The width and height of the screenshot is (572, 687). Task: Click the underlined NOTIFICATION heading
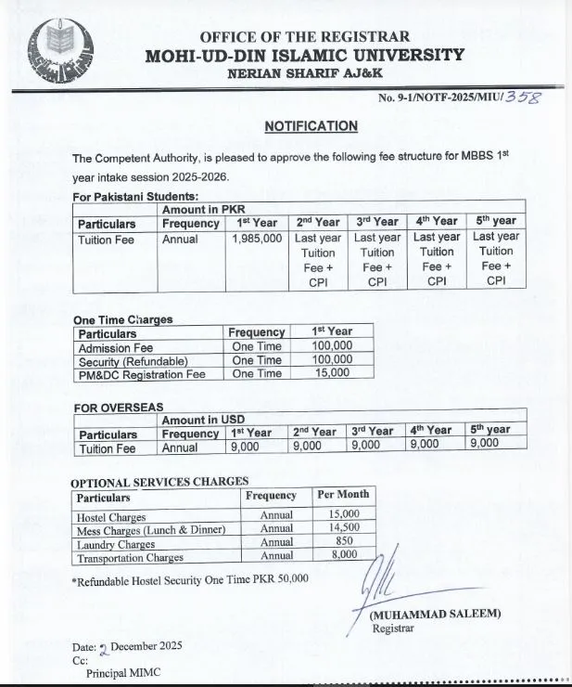point(311,126)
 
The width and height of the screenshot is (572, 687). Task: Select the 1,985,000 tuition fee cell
point(257,239)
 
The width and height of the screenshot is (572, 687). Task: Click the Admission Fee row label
point(116,347)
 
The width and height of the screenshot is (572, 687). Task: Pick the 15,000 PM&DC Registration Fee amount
point(333,373)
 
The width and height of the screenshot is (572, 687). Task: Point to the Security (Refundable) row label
point(133,360)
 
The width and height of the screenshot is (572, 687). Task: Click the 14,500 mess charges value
point(343,528)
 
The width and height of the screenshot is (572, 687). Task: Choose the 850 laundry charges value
point(343,542)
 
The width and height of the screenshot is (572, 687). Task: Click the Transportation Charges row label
point(131,558)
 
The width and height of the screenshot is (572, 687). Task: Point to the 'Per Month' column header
point(343,495)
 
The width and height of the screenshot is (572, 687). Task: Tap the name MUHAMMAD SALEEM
point(435,615)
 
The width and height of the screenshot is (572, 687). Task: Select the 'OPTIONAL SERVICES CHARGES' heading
point(159,481)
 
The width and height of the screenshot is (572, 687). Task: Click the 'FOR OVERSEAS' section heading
point(118,407)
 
